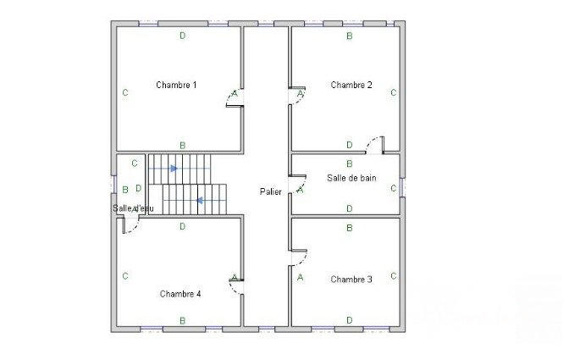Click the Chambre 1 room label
point(176,85)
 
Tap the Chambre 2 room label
point(351,85)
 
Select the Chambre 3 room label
point(351,280)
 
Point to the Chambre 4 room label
point(180,294)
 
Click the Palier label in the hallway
point(271,192)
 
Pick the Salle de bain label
point(351,178)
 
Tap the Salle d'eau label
point(129,208)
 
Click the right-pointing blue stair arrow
point(174,169)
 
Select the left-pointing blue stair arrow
point(199,201)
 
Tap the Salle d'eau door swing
point(130,224)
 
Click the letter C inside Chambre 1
point(125,92)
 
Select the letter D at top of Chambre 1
point(183,36)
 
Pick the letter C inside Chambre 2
point(394,92)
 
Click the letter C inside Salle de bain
point(394,188)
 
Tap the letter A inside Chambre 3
point(300,276)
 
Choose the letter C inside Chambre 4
point(125,276)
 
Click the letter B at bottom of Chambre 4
point(183,320)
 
